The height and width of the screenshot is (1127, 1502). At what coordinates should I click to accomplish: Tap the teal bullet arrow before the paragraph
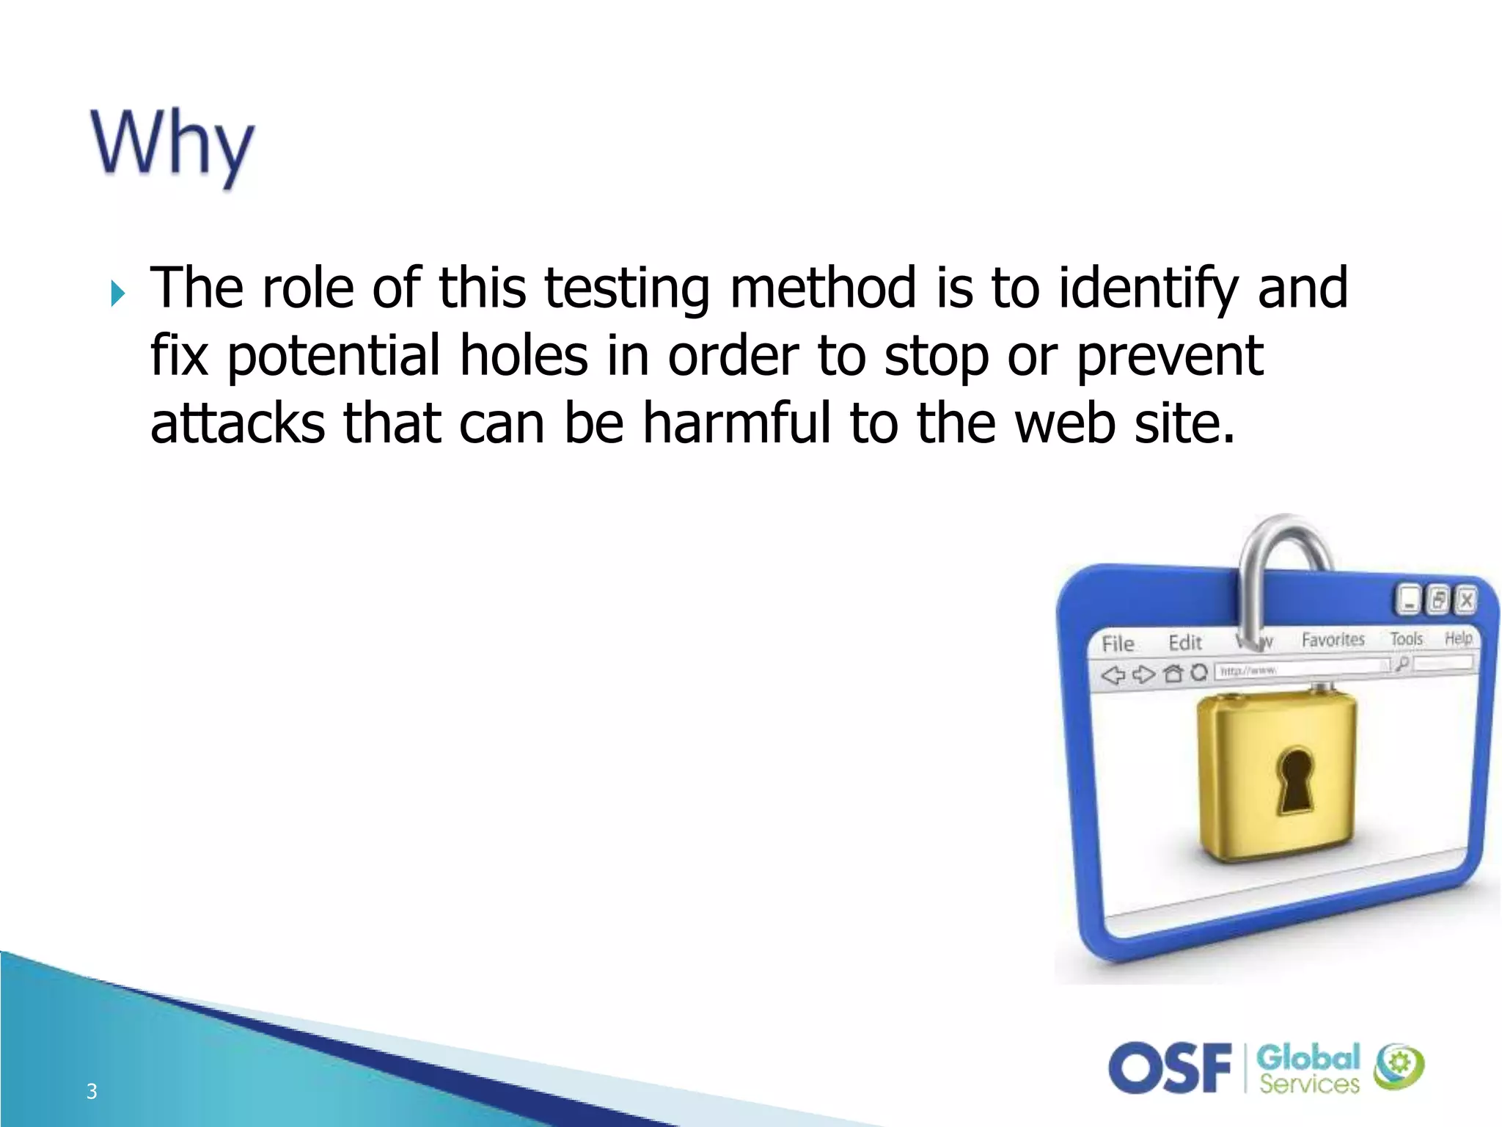pos(117,293)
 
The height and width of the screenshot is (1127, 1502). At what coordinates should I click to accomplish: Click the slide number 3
pos(92,1091)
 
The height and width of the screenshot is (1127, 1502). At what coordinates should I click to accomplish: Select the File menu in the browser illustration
pos(1118,644)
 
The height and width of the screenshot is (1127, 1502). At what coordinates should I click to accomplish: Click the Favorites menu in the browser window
pos(1333,640)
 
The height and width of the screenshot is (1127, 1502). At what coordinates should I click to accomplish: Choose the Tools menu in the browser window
pos(1406,639)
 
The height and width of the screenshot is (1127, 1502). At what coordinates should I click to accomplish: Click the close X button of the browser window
pos(1466,600)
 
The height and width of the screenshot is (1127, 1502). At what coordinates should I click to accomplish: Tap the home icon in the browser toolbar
pos(1173,673)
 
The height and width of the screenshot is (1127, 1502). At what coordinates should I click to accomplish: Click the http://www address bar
pos(1298,668)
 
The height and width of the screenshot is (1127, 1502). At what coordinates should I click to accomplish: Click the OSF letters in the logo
pos(1170,1068)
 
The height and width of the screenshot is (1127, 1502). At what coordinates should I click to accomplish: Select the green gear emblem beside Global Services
pos(1399,1066)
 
